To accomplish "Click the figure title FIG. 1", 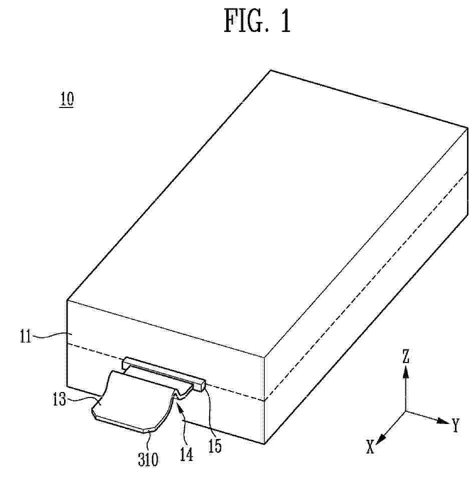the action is pyautogui.click(x=257, y=20).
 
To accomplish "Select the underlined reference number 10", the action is pyautogui.click(x=67, y=99).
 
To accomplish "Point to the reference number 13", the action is pyautogui.click(x=59, y=400).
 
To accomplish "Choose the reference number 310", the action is pyautogui.click(x=148, y=459).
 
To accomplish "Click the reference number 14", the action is pyautogui.click(x=186, y=454).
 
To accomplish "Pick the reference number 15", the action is pyautogui.click(x=215, y=445).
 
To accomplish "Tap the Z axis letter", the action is pyautogui.click(x=405, y=356).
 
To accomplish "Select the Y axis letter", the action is pyautogui.click(x=455, y=425).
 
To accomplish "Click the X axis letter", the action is pyautogui.click(x=370, y=446).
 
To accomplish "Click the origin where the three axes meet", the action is pyautogui.click(x=406, y=411).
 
